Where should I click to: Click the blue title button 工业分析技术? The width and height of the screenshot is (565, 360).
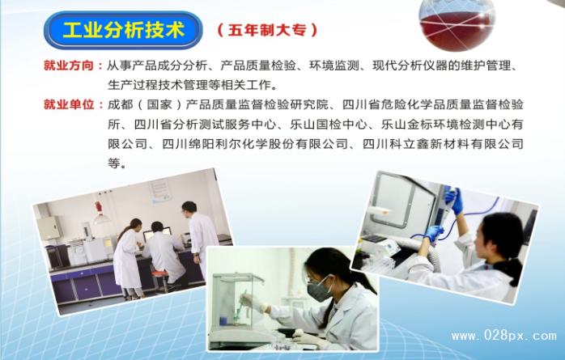[x=123, y=30]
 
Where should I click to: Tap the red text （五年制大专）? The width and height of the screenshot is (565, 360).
[x=267, y=30]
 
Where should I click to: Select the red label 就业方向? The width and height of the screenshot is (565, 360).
[x=69, y=66]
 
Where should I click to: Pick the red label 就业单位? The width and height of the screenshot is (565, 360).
[x=69, y=104]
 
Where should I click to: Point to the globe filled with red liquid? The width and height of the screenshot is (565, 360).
[x=457, y=25]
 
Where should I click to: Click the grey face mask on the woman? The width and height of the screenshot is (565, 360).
[x=319, y=289]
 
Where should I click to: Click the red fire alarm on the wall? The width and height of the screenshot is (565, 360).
[x=99, y=207]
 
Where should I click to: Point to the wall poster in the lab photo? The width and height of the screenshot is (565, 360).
[x=160, y=191]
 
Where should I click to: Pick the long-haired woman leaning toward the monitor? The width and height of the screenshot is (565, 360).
[x=128, y=257]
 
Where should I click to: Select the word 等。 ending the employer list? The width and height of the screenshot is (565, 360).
[x=117, y=163]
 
